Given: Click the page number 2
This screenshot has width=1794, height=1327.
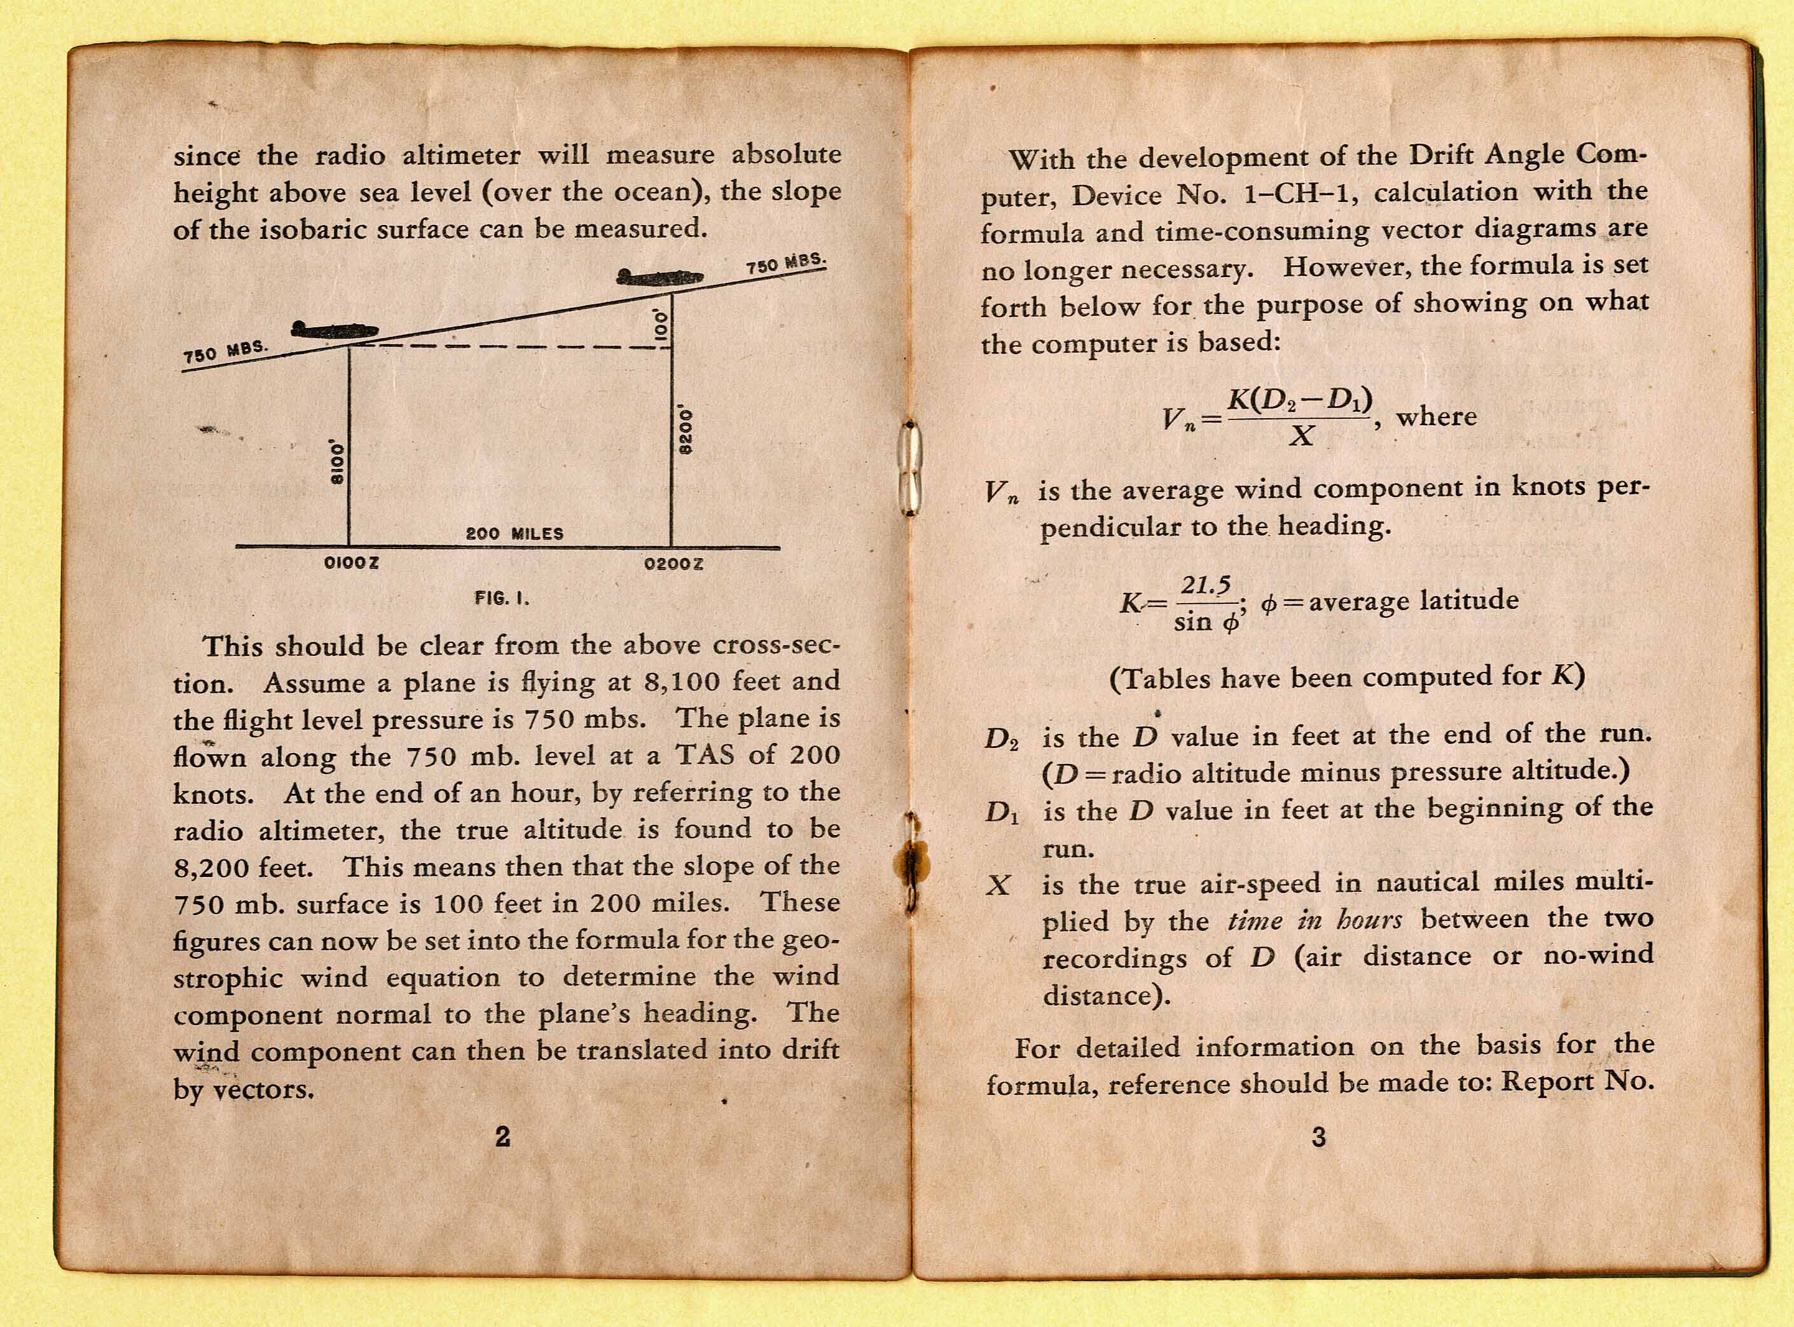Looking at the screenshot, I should click(502, 1136).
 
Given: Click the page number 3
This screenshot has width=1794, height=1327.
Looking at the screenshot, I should click(1318, 1136).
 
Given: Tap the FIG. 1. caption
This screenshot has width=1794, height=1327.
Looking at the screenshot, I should click(502, 599).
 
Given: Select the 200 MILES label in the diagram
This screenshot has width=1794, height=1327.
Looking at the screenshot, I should click(514, 533).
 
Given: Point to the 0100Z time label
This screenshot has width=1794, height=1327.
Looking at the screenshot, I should click(351, 563).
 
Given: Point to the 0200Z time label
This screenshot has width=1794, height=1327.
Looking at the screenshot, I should click(673, 564).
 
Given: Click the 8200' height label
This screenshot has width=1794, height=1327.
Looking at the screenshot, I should click(686, 432).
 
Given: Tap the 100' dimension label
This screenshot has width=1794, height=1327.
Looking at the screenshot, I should click(661, 325).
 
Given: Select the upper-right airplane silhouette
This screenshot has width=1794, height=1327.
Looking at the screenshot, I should click(659, 277).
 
